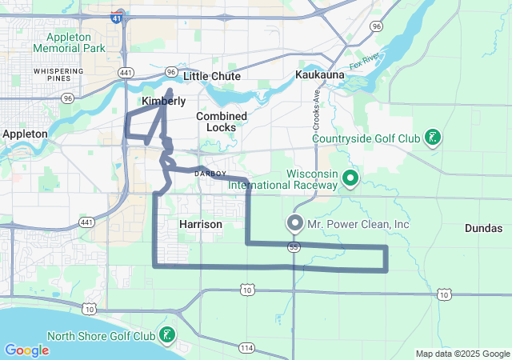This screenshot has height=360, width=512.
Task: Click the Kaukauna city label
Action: click(319, 74)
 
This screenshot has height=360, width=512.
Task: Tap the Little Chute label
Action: click(206, 76)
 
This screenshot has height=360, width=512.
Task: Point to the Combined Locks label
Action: click(222, 122)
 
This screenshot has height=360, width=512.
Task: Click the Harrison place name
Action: click(201, 225)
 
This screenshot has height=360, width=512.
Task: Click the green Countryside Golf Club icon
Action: click(432, 137)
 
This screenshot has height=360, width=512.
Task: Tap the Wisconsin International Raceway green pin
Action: click(350, 177)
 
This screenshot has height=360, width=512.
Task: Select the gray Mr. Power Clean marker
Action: click(295, 223)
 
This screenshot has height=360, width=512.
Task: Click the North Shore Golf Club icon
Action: click(167, 334)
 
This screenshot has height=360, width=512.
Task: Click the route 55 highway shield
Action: click(295, 248)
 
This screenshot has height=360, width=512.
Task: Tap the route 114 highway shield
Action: click(246, 347)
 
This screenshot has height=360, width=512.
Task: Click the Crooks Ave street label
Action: click(317, 106)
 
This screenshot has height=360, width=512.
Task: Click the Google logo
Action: click(26, 350)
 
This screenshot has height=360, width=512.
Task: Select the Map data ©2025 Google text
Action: click(462, 354)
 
